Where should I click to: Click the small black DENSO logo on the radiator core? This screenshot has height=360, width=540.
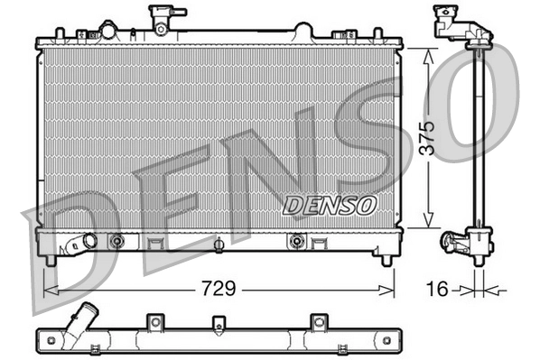click(x=330, y=206)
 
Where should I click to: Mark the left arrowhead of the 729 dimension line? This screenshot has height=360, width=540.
click(x=48, y=290)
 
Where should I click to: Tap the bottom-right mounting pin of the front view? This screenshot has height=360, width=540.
click(x=386, y=261)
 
